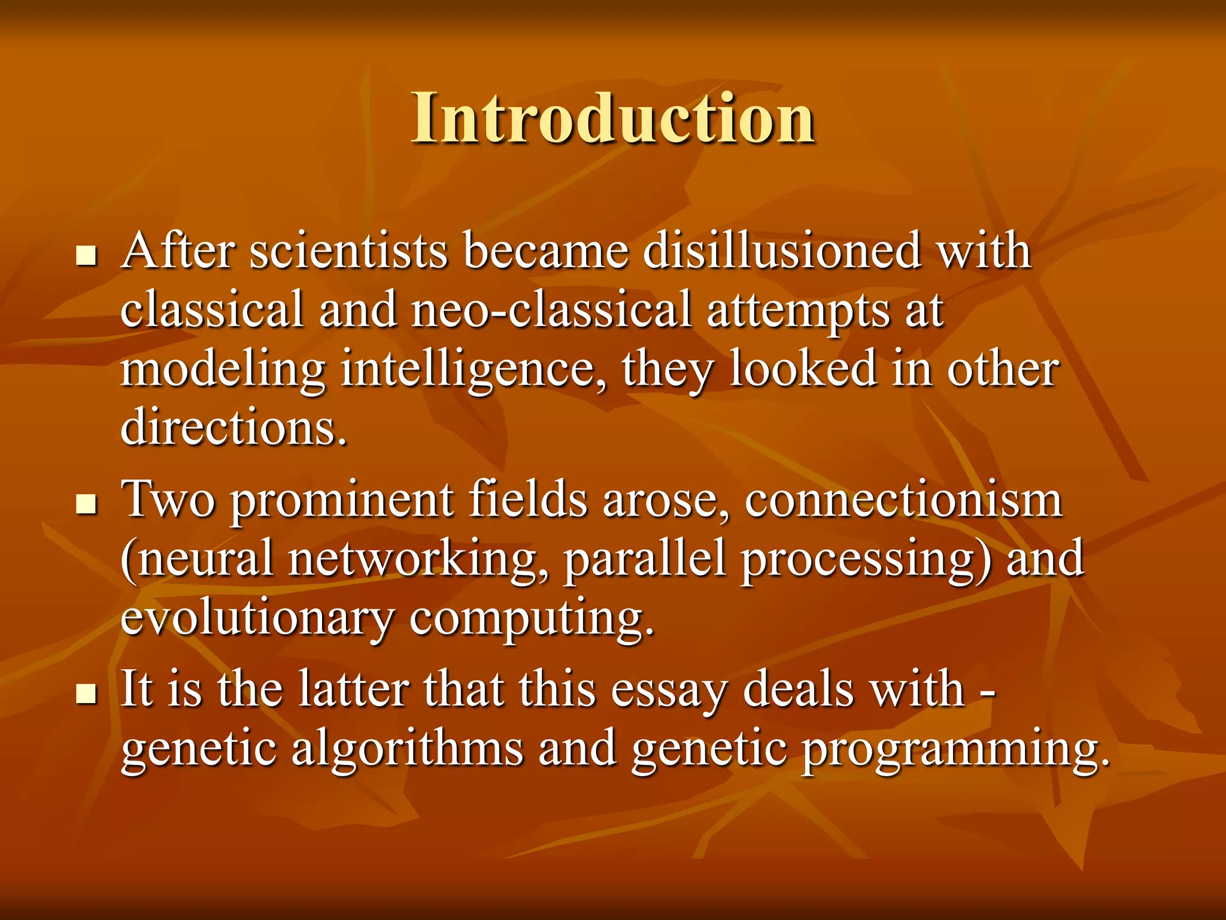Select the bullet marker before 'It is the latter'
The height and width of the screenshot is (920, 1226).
coord(87,694)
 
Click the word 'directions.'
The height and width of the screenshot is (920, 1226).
coord(234,428)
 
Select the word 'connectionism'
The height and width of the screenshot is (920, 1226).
coord(903,500)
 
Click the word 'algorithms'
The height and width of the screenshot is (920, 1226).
coord(407,749)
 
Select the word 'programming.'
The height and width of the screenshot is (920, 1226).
coord(955,749)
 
